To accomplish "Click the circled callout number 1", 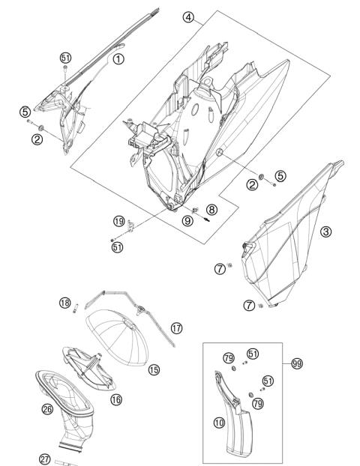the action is (118, 59).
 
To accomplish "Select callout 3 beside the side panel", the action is (325, 232).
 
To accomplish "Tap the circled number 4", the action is (188, 17).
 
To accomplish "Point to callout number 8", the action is (211, 210).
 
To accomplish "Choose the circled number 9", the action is (187, 220).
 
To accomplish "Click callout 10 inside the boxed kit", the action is (219, 423).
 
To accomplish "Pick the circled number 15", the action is (154, 369).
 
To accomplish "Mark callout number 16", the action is (116, 399).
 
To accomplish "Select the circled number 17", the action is (176, 328).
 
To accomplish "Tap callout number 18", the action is (64, 303).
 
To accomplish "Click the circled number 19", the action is (119, 221).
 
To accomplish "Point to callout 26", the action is (47, 409).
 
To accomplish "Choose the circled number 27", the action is (45, 459).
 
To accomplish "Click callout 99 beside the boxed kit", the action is (297, 363).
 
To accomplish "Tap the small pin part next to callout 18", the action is (76, 308).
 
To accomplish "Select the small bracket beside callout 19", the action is (130, 226).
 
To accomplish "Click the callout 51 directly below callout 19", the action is (118, 247).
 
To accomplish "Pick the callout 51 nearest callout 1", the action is (65, 58).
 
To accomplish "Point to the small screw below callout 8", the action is (206, 219).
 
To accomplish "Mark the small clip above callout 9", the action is (195, 211).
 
